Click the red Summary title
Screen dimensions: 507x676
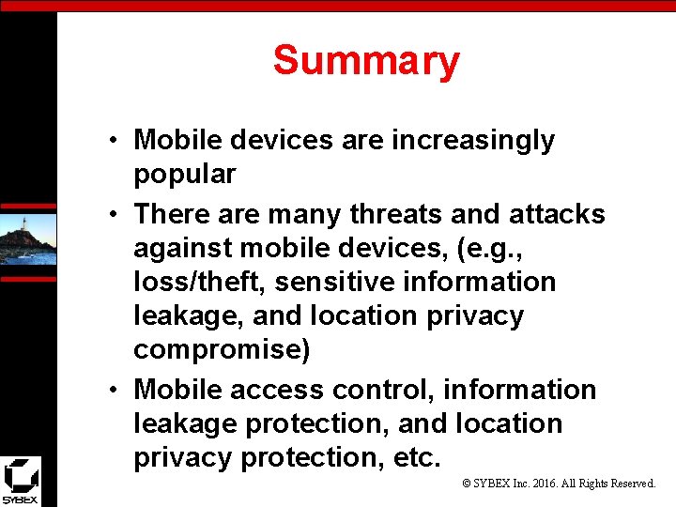coord(366,61)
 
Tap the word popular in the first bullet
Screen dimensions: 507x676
coord(184,175)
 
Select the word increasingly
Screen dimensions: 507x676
coord(473,141)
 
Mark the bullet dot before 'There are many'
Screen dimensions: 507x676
coord(112,215)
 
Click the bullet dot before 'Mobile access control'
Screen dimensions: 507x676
coord(112,391)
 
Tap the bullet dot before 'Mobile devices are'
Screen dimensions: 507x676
coord(112,142)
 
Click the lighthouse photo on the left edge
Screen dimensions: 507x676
coord(27,239)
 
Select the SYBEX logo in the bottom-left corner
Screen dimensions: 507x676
coord(20,481)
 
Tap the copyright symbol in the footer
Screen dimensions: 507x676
coord(468,484)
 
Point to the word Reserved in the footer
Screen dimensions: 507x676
coord(633,484)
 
